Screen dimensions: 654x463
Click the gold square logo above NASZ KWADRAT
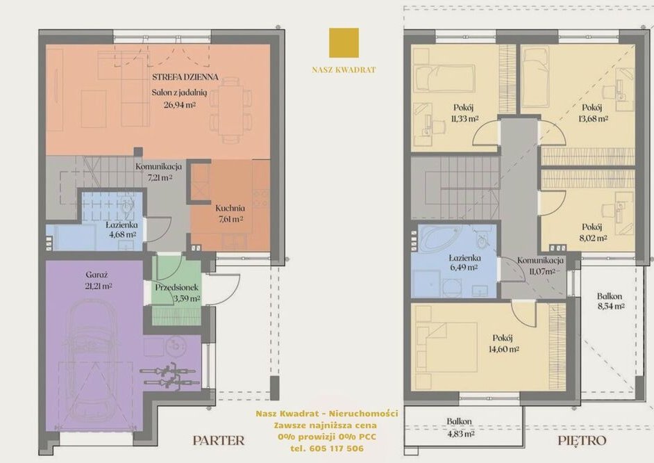tap(344, 42)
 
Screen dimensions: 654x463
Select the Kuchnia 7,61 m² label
tap(230, 213)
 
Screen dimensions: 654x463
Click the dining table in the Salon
tap(230, 112)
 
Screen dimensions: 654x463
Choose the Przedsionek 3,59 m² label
tap(177, 293)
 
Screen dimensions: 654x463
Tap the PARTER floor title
tap(219, 440)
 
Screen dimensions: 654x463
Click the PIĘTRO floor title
tap(582, 441)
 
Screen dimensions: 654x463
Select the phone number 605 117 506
tap(337, 449)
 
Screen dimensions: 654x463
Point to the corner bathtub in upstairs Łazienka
tap(439, 238)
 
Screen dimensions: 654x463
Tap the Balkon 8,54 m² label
tap(610, 301)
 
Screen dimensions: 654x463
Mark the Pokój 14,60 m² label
tap(503, 343)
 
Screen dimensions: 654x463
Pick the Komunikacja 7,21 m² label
tap(158, 172)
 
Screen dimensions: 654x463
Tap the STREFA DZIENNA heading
tap(185, 76)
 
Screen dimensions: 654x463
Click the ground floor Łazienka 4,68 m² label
tap(121, 229)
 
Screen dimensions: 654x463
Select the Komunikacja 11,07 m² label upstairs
tap(540, 266)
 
